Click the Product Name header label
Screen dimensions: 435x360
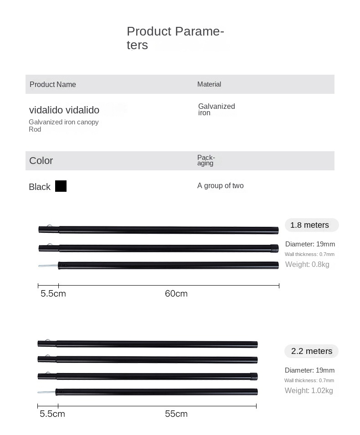point(53,84)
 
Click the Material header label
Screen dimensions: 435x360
point(209,84)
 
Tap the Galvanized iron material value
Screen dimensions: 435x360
point(216,110)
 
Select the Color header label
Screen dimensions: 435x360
point(41,160)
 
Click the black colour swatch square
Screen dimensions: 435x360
point(61,186)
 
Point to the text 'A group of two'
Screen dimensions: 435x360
point(221,185)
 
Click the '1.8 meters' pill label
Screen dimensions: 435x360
point(310,225)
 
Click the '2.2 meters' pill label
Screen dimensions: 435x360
point(312,351)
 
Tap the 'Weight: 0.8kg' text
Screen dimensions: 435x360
point(307,265)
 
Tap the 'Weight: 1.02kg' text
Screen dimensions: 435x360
point(309,390)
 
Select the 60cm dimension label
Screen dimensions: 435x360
point(176,294)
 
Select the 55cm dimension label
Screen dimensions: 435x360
point(176,414)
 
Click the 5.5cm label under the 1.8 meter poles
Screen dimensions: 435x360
point(53,294)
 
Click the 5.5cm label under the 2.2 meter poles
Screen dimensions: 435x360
point(52,414)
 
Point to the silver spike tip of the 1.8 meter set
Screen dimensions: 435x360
point(48,266)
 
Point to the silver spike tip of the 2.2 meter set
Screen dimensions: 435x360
point(46,392)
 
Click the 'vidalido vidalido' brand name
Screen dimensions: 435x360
point(64,110)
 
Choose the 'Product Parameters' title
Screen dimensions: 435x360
point(175,38)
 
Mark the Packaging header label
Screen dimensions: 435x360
point(206,160)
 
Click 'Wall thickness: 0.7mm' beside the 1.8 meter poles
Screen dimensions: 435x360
point(310,254)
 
